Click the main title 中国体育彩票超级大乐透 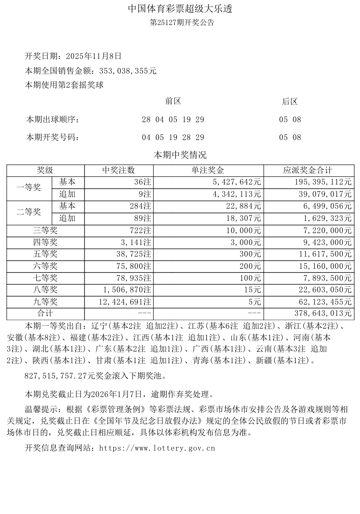[180, 9]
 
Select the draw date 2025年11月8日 [94, 56]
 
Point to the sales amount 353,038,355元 [128, 71]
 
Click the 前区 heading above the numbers [173, 101]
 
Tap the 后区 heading [289, 101]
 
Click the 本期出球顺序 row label [52, 119]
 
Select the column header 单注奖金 [208, 170]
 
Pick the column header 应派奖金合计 [307, 170]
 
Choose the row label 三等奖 [45, 230]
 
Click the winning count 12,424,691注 [127, 302]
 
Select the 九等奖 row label [45, 302]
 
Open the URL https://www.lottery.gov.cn [157, 448]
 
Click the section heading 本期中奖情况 [180, 155]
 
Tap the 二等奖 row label [29, 212]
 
